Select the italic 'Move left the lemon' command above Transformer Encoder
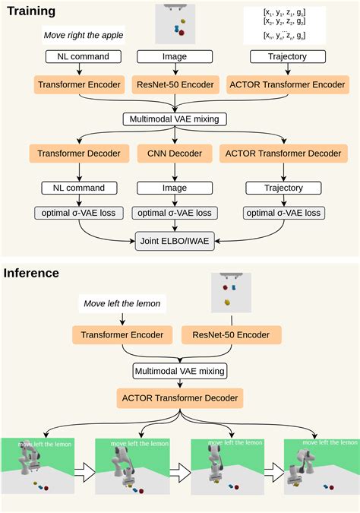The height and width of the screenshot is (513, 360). coord(122,304)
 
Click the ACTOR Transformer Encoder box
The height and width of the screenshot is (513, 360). coord(286,85)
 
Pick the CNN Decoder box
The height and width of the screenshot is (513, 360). coord(175,154)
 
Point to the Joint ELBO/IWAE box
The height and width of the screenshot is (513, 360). coord(175,242)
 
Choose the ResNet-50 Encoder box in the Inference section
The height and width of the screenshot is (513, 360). coord(232,334)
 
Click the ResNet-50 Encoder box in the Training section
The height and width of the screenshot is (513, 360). coord(175,85)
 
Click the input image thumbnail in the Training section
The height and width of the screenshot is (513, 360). coord(175,24)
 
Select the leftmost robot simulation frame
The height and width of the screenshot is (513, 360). coord(37,466)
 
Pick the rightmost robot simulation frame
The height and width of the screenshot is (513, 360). coord(321,466)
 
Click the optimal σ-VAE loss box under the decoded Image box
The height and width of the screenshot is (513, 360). coord(175,214)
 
